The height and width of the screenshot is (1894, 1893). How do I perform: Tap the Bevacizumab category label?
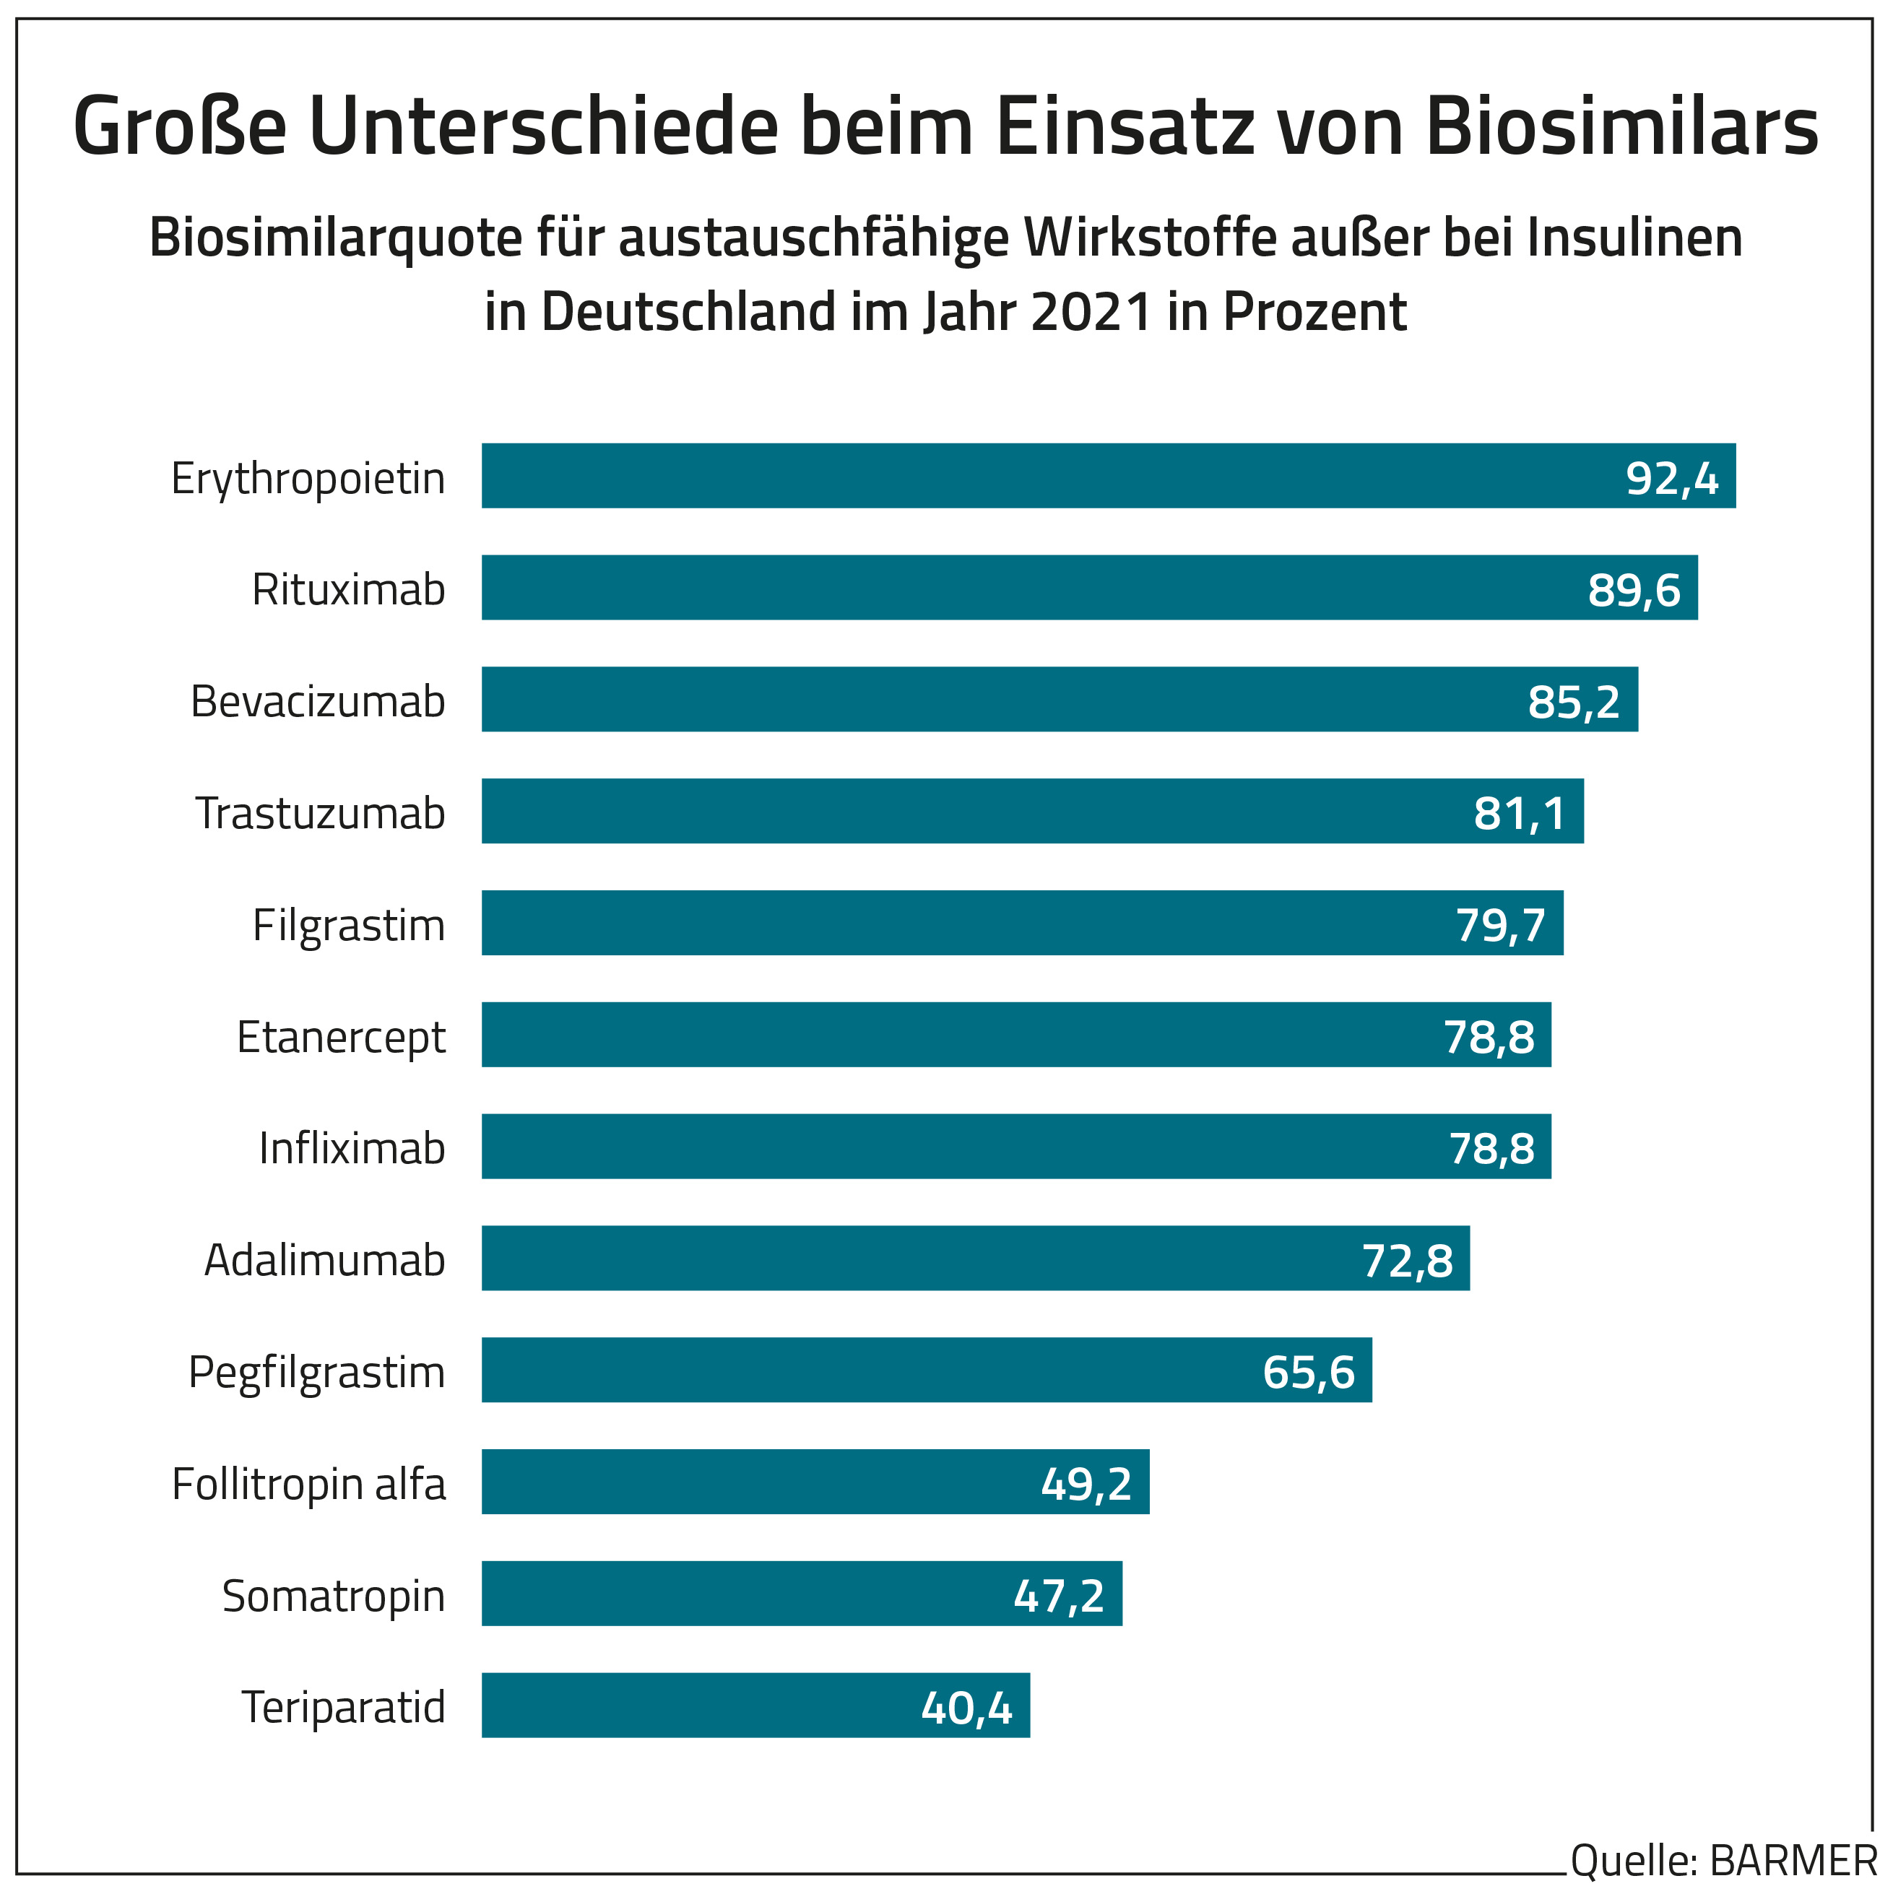318,702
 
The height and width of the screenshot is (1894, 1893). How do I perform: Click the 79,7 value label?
1500,924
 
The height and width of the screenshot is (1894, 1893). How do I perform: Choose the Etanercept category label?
341,1037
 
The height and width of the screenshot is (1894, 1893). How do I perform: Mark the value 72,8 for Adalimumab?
1407,1261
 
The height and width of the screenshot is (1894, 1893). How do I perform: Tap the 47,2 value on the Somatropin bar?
1059,1596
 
